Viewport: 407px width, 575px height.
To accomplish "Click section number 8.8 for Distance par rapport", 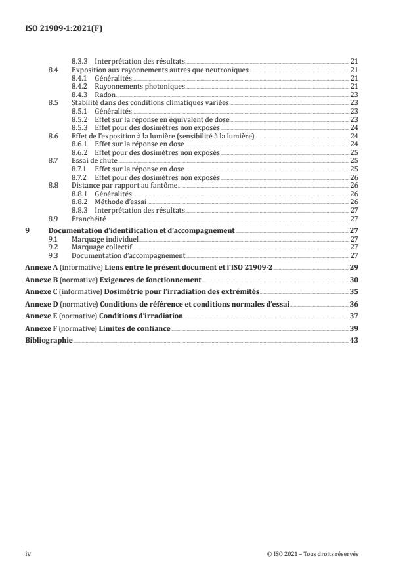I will [54, 185].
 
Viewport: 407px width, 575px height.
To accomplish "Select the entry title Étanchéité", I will [89, 219].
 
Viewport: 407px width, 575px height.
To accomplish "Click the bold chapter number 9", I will [27, 231].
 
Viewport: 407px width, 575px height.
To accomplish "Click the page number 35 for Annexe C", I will [353, 291].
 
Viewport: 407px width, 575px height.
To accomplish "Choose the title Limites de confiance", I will [135, 328].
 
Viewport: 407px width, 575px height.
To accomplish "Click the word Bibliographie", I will [49, 340].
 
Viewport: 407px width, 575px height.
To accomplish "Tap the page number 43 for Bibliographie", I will [353, 340].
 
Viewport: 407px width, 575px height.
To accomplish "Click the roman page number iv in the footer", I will [28, 554].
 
